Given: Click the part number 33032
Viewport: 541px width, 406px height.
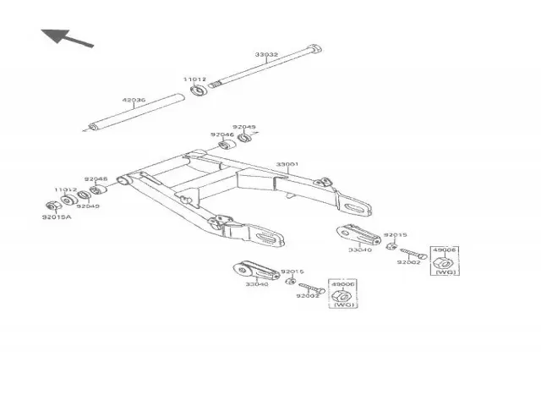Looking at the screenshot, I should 266,55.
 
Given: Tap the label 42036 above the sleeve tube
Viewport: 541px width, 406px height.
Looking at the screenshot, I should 134,100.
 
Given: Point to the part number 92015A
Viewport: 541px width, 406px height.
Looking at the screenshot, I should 57,217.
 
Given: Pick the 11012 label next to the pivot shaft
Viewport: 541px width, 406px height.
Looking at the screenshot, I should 195,80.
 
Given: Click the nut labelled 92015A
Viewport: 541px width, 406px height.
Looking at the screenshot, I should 52,205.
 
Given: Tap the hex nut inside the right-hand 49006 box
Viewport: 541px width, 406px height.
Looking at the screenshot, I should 443,267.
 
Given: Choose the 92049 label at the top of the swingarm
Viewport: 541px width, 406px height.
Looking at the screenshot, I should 244,128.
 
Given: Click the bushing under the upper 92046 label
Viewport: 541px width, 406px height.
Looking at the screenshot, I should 226,145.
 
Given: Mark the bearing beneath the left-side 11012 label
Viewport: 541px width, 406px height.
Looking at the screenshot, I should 68,201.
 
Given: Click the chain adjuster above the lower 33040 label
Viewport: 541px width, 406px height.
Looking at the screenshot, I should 254,272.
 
